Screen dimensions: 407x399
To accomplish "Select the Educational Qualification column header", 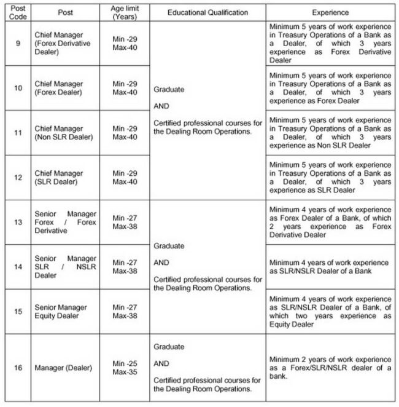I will pos(207,12).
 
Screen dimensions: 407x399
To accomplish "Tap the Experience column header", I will pos(330,12).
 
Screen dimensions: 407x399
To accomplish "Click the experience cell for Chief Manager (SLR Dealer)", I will pos(330,178).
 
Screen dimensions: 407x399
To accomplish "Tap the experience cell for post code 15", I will pos(330,311).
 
